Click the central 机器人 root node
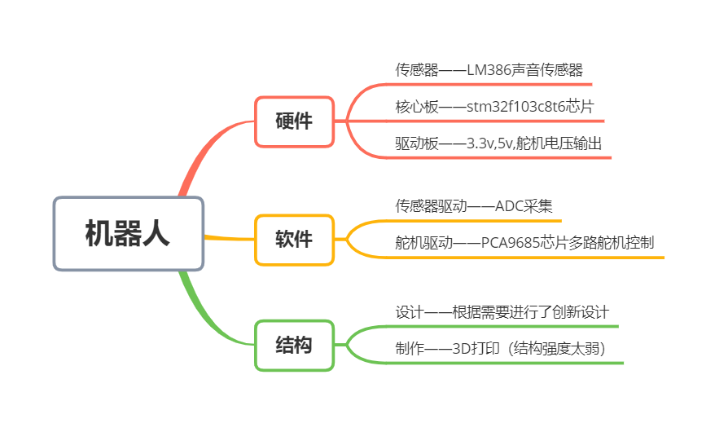(x=128, y=234)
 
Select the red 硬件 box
(x=294, y=122)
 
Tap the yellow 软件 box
(x=294, y=240)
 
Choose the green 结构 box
(x=294, y=345)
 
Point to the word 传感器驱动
(x=432, y=206)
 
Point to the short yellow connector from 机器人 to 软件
(x=229, y=238)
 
